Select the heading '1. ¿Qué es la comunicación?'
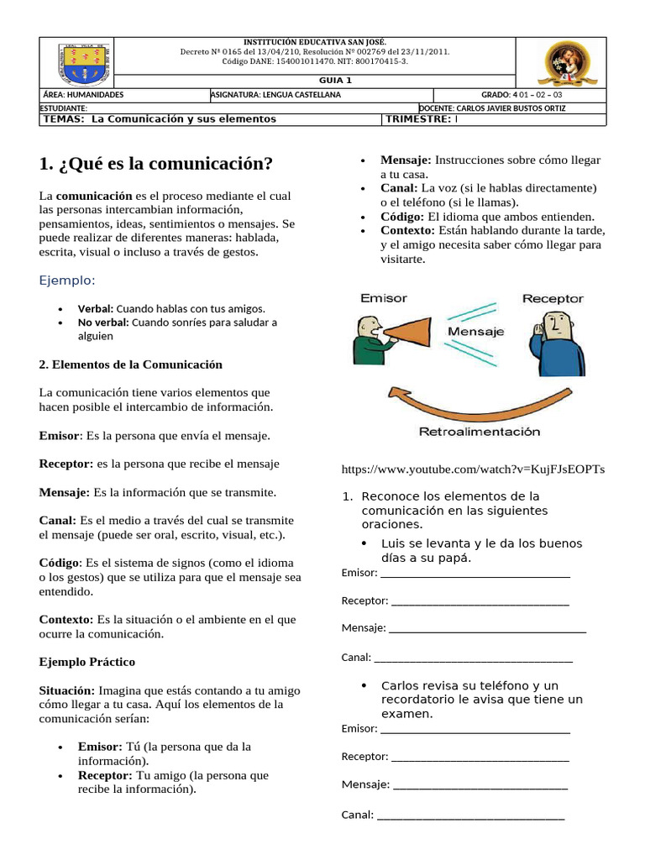[x=156, y=163]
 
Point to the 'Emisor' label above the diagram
[x=383, y=298]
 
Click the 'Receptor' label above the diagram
[x=552, y=298]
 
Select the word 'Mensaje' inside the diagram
[x=476, y=332]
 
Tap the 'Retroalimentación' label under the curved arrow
[x=480, y=432]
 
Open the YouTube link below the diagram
[x=474, y=469]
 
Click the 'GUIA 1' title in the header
[x=335, y=81]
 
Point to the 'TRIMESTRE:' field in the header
[x=418, y=119]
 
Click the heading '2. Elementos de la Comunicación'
[x=130, y=364]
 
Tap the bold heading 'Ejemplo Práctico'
[x=87, y=662]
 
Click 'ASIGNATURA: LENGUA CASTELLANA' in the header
[x=275, y=95]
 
